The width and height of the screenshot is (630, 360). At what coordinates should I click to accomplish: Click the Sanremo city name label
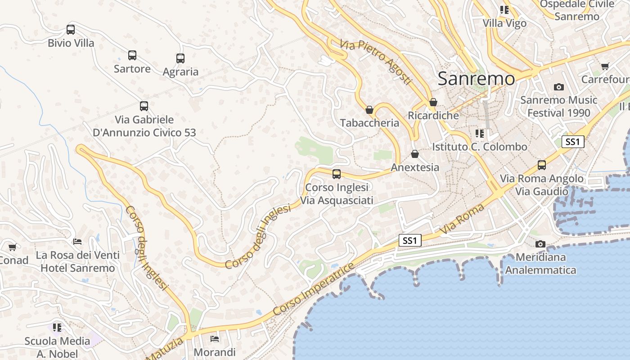click(x=476, y=79)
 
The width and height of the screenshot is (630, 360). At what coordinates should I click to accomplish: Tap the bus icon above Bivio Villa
click(x=71, y=30)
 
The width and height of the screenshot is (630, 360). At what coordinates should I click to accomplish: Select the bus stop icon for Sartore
click(x=132, y=55)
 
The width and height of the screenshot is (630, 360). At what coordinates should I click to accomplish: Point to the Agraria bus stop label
click(x=180, y=72)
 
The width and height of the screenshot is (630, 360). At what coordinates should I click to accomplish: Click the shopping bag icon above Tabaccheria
click(x=369, y=110)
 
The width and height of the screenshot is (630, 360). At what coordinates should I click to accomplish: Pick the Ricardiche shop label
click(x=433, y=115)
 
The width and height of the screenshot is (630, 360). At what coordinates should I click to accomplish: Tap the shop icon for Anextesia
click(x=415, y=154)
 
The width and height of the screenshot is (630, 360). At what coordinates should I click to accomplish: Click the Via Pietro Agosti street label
click(x=376, y=62)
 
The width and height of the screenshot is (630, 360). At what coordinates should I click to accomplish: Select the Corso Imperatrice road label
click(x=314, y=290)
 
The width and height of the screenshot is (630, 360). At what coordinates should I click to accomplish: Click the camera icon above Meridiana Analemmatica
click(x=540, y=244)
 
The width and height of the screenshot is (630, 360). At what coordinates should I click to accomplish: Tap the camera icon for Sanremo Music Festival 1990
click(x=558, y=87)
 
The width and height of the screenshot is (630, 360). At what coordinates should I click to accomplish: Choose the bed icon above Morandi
click(x=215, y=338)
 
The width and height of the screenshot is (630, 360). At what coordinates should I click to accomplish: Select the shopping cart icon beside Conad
click(x=12, y=247)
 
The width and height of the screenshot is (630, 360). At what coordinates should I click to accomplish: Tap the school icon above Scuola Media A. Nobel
click(x=57, y=327)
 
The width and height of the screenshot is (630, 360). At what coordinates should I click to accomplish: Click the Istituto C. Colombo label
click(x=479, y=147)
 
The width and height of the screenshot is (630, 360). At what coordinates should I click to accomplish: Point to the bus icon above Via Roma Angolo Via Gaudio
click(x=542, y=165)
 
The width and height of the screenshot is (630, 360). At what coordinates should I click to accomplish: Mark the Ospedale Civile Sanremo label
click(x=576, y=10)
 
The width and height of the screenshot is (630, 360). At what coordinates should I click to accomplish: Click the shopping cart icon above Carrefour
click(x=605, y=66)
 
